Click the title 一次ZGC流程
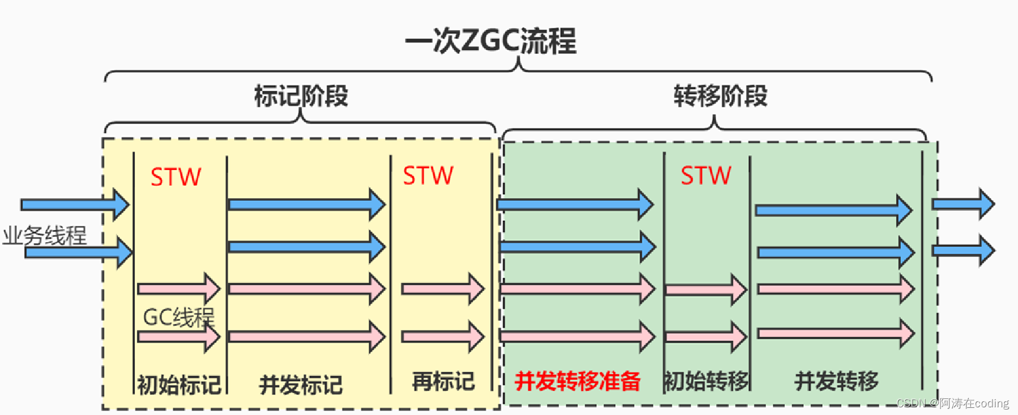pos(490,41)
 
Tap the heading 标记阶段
pos(301,96)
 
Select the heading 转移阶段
pos(720,96)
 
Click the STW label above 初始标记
pos(176,177)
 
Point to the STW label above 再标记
pos(428,176)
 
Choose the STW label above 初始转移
pos(706,176)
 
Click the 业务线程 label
pos(45,236)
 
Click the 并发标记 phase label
pos(301,385)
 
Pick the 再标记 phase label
pos(443,381)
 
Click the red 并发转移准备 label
pos(578,381)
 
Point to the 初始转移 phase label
pos(706,381)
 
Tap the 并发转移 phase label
pos(836,381)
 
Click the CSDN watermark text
pos(952,403)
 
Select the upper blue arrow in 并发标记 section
pos(306,205)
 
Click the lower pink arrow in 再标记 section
pos(442,337)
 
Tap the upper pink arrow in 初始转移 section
pos(706,290)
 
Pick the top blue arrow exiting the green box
pos(963,204)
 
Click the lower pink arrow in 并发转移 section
pos(835,334)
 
